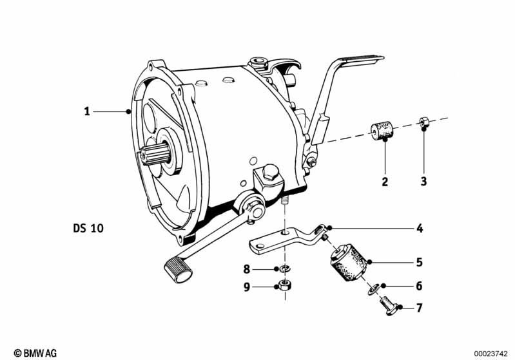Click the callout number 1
87,111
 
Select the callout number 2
385,182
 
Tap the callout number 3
423,181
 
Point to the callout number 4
420,228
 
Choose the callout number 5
419,262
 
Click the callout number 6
419,286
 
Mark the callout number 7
419,308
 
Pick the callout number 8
247,269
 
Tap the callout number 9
247,287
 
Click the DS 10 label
88,228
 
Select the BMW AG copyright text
35,353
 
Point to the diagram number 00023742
491,354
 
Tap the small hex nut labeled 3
423,122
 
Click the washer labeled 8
284,269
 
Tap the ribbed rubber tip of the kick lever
179,270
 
